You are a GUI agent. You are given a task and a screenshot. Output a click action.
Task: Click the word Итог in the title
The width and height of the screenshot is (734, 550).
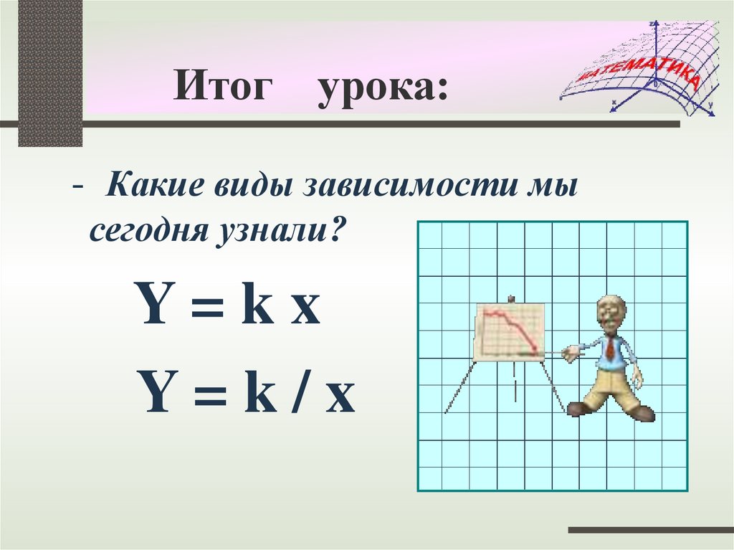point(224,89)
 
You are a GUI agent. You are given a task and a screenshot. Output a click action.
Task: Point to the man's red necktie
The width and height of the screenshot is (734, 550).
point(610,349)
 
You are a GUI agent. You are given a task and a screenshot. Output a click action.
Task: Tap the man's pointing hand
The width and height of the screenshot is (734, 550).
point(571,351)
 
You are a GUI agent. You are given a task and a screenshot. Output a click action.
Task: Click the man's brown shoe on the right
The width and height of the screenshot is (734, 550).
point(641,412)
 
